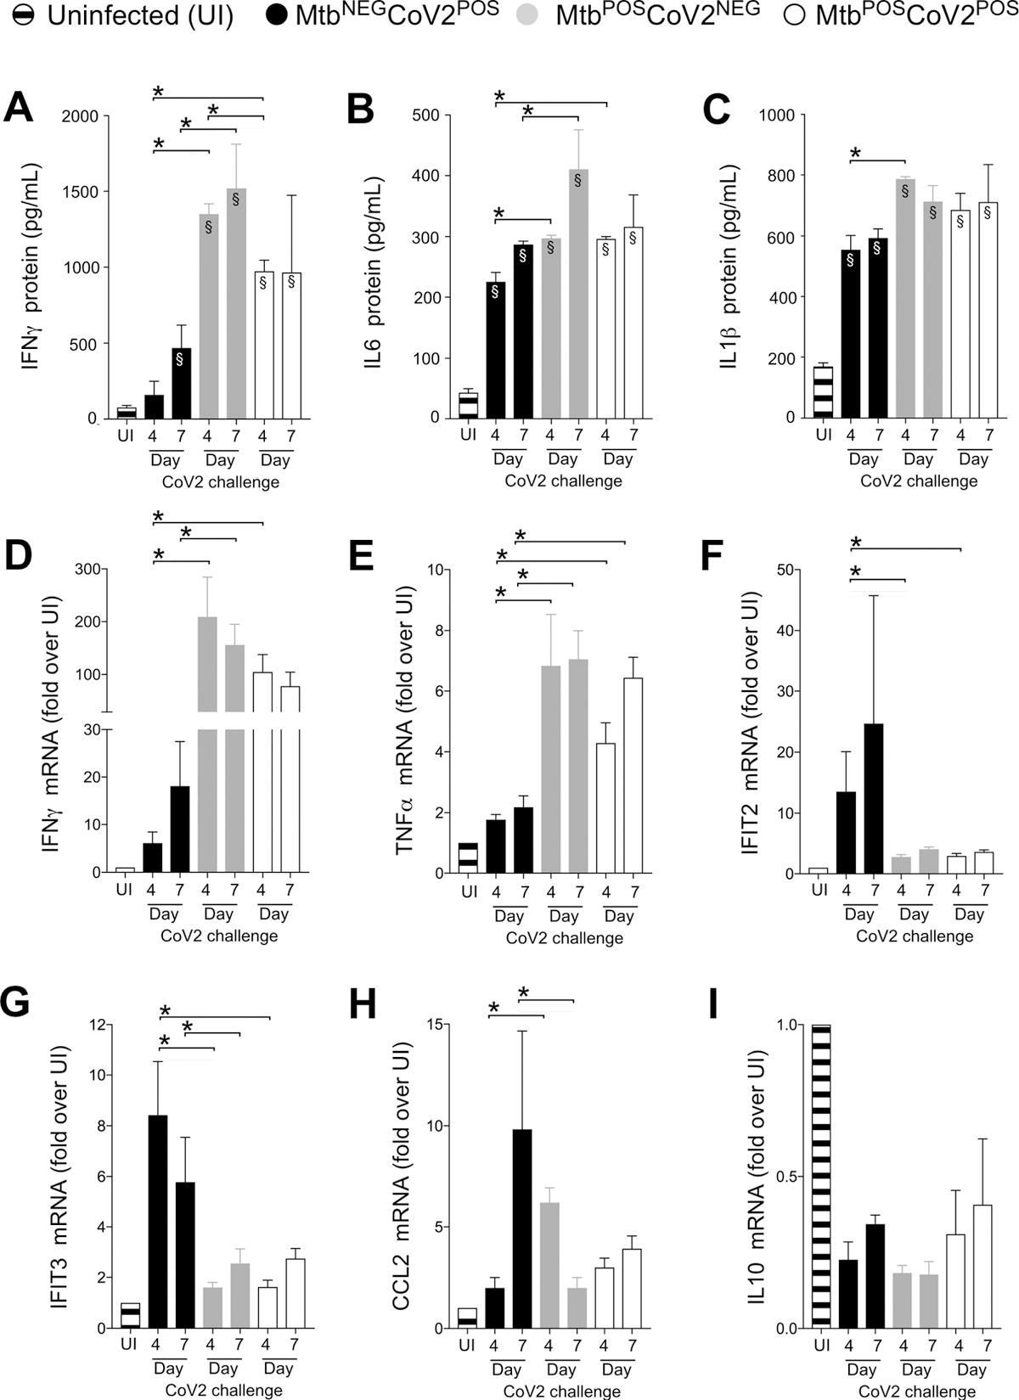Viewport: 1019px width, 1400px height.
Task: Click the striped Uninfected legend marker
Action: click(23, 17)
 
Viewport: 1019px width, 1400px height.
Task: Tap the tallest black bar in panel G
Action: click(157, 1222)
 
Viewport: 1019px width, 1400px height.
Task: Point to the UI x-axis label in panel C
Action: click(821, 436)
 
